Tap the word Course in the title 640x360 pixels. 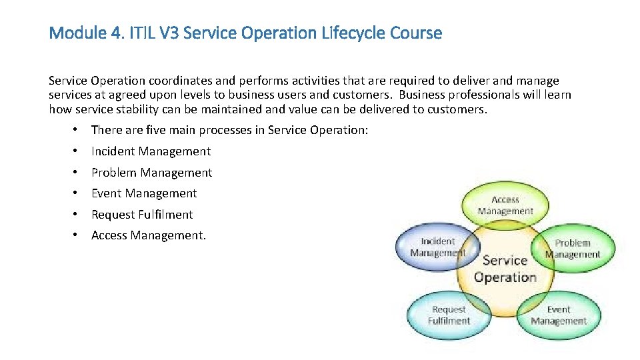click(x=416, y=33)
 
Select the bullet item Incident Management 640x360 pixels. click(x=151, y=151)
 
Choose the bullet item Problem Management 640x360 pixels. click(x=151, y=173)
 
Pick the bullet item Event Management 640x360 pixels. click(x=144, y=193)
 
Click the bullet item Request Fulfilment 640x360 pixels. click(x=142, y=215)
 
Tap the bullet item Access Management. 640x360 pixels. click(x=149, y=235)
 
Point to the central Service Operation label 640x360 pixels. click(x=505, y=269)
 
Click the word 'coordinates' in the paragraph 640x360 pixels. click(x=155, y=81)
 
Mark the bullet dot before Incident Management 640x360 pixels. click(x=77, y=151)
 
